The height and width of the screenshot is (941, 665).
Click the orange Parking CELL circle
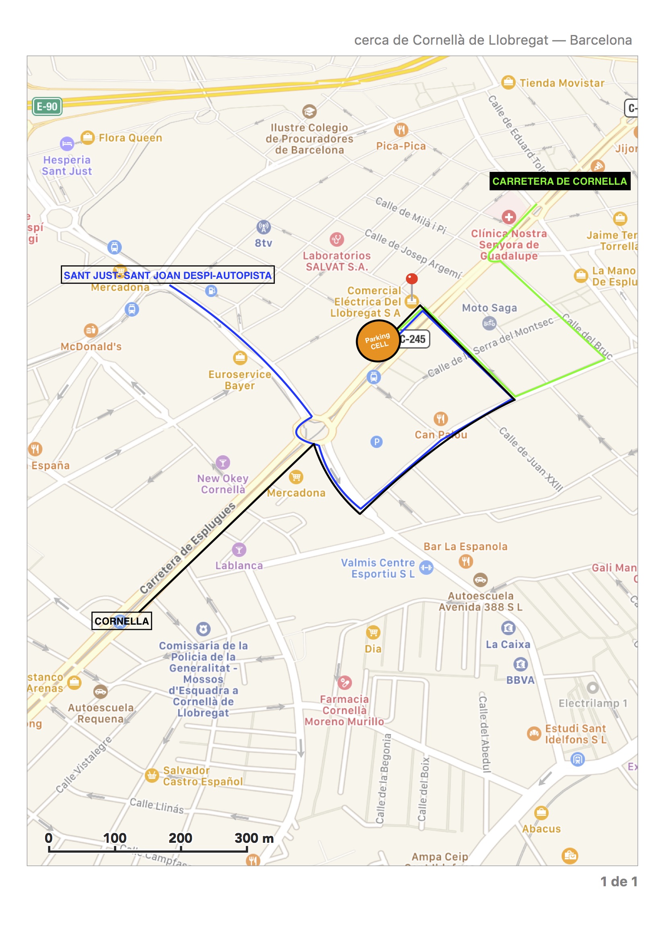pos(378,340)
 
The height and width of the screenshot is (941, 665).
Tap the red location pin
pos(412,279)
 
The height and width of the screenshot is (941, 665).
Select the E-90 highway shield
pos(47,107)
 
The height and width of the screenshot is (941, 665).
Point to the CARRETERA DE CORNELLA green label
pos(559,181)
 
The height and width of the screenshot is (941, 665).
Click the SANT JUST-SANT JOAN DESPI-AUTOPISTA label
pos(168,275)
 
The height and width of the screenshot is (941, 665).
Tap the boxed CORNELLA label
pos(121,621)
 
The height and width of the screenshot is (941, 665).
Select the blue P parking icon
pos(376,442)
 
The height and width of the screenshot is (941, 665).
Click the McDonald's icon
pos(91,330)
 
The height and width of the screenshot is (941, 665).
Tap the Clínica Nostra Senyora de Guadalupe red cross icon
pos(509,217)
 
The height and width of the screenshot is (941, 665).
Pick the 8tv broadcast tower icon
pos(264,227)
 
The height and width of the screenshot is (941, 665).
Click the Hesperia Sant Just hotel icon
pos(67,144)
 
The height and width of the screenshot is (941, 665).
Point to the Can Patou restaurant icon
pos(441,419)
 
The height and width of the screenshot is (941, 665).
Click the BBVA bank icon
pos(520,664)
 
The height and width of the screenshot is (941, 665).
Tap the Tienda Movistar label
pos(562,83)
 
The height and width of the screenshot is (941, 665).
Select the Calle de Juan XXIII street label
pos(531,459)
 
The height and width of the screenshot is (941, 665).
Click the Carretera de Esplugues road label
pos(187,547)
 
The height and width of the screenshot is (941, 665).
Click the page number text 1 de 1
pos(619,881)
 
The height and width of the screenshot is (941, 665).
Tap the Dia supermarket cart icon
pos(373,633)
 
